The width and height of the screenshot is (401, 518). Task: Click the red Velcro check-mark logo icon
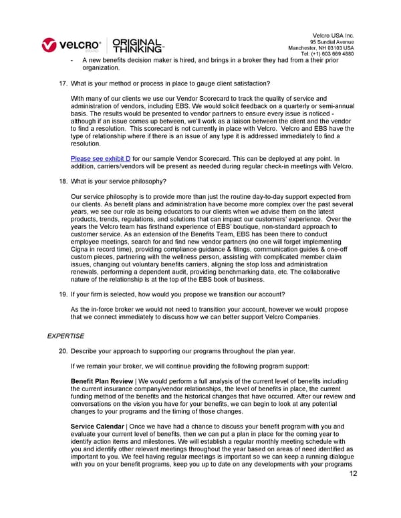(x=49, y=45)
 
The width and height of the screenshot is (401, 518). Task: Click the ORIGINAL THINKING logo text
(x=138, y=45)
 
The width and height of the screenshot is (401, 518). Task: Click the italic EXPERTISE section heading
(x=65, y=336)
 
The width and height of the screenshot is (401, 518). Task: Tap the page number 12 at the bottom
(x=354, y=475)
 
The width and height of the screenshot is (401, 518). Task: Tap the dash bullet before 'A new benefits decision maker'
(x=72, y=59)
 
